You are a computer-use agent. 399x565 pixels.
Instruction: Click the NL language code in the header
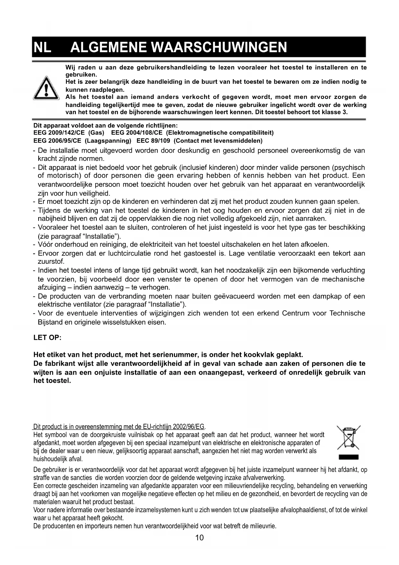(42, 47)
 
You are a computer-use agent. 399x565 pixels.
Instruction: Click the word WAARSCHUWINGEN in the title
(219, 47)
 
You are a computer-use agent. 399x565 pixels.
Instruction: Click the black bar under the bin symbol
(349, 457)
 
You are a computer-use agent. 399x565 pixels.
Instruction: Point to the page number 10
(199, 538)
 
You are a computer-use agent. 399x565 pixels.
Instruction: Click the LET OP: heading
(47, 338)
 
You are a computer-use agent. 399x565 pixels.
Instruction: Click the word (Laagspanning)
(108, 141)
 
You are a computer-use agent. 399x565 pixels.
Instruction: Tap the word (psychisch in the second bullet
(349, 168)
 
